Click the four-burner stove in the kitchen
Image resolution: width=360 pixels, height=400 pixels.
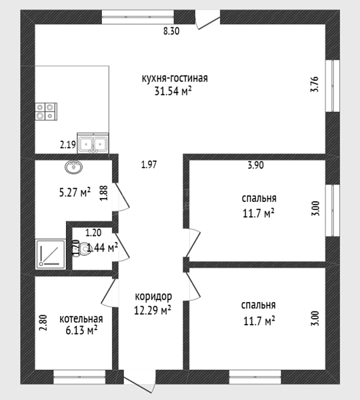46,111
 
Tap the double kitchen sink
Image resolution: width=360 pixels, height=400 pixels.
93,143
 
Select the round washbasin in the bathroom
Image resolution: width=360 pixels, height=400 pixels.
74,167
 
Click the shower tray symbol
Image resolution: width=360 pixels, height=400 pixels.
50,254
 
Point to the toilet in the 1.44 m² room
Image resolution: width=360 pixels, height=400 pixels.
81,248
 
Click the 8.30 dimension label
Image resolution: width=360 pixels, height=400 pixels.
171,31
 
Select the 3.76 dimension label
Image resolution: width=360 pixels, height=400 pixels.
315,84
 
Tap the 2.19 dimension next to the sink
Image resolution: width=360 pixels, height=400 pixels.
68,145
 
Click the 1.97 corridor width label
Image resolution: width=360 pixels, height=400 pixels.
149,165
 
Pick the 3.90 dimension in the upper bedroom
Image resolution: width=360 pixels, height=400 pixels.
255,165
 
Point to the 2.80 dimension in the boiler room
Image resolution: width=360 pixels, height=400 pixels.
43,323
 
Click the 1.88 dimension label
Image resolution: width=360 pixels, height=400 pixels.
104,193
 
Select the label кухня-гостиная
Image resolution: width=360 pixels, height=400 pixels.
175,78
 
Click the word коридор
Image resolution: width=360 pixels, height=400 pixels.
153,297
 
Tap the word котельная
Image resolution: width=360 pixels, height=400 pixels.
81,319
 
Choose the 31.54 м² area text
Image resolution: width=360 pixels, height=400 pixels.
173,91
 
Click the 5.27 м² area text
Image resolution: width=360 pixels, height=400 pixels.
75,192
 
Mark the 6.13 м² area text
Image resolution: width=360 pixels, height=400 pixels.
81,331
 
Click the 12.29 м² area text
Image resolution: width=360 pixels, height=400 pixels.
153,310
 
